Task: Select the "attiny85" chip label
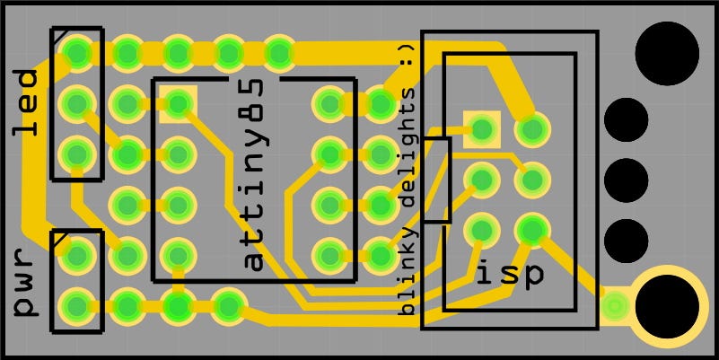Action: [254, 173]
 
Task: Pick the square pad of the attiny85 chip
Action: [178, 104]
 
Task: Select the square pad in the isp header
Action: [482, 129]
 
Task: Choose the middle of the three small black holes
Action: [627, 180]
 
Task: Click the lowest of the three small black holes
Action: [627, 240]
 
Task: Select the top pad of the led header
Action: [77, 52]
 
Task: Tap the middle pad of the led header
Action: [77, 103]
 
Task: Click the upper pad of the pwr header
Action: [77, 256]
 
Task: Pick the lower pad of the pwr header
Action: [77, 306]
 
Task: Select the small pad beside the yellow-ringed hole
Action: [615, 307]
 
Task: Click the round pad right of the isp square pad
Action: [533, 129]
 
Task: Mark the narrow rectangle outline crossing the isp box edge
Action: [436, 180]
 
